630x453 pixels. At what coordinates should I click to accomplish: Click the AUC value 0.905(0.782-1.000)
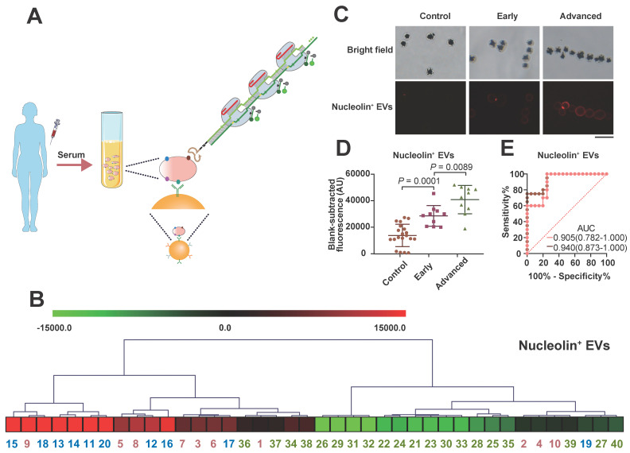point(589,215)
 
